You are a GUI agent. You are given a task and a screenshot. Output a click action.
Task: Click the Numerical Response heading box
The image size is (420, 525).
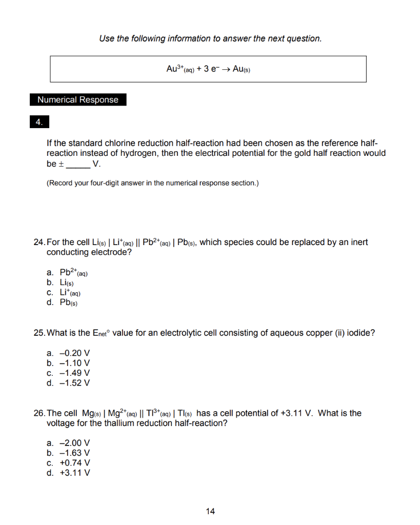click(78, 100)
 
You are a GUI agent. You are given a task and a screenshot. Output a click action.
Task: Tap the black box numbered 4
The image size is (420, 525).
click(39, 123)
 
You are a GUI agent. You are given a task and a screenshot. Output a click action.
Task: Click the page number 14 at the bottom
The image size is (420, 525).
click(210, 511)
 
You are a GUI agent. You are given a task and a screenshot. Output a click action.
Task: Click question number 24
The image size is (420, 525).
click(39, 242)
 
